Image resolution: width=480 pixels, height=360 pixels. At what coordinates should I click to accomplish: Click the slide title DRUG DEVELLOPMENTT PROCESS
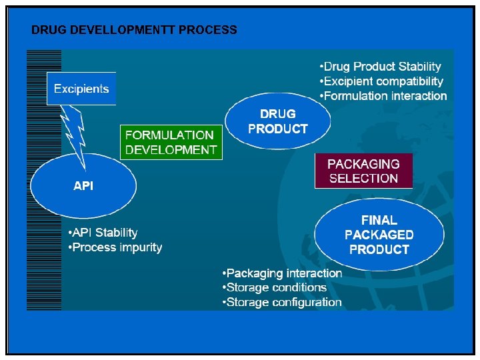click(x=134, y=30)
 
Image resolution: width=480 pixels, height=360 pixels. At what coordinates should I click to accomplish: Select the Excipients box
click(x=81, y=89)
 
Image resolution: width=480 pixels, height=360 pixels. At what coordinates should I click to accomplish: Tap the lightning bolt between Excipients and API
click(x=75, y=137)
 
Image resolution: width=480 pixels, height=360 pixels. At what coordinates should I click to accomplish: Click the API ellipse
click(x=83, y=187)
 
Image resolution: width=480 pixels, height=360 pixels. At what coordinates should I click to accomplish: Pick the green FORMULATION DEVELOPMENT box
click(x=171, y=142)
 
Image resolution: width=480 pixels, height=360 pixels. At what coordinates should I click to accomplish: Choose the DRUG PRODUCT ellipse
click(x=277, y=121)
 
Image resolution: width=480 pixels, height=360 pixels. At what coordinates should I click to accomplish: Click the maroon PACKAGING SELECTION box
click(x=363, y=171)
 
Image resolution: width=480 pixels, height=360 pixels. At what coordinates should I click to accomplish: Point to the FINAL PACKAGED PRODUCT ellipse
click(x=379, y=234)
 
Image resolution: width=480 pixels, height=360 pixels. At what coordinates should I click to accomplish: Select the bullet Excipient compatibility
click(x=381, y=81)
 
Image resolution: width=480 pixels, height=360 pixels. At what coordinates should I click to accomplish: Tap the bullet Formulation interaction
click(x=383, y=96)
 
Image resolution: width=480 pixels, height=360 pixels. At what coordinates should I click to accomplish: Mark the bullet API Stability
click(x=103, y=233)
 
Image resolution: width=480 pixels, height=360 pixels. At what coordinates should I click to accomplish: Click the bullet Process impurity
click(x=115, y=247)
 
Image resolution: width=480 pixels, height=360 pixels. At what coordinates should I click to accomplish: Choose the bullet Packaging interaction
click(x=282, y=273)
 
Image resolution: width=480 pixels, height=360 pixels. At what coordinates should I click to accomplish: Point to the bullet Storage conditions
click(x=275, y=287)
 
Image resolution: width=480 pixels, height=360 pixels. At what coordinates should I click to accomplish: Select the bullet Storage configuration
click(x=282, y=302)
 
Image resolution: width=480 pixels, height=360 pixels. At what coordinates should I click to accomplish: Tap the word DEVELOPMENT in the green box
click(x=171, y=150)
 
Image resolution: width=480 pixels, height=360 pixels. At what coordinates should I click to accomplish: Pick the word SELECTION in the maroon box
click(x=363, y=178)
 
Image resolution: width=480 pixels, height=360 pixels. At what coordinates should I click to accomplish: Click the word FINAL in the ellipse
click(x=379, y=219)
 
